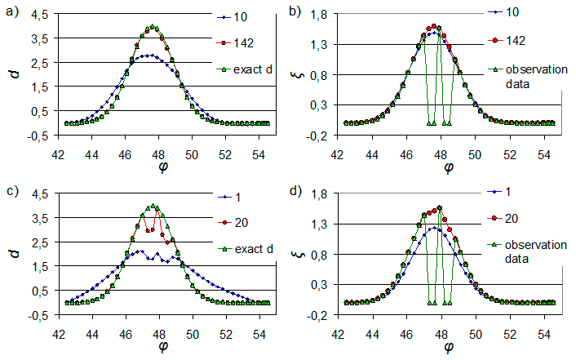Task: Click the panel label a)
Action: pos(12,10)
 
